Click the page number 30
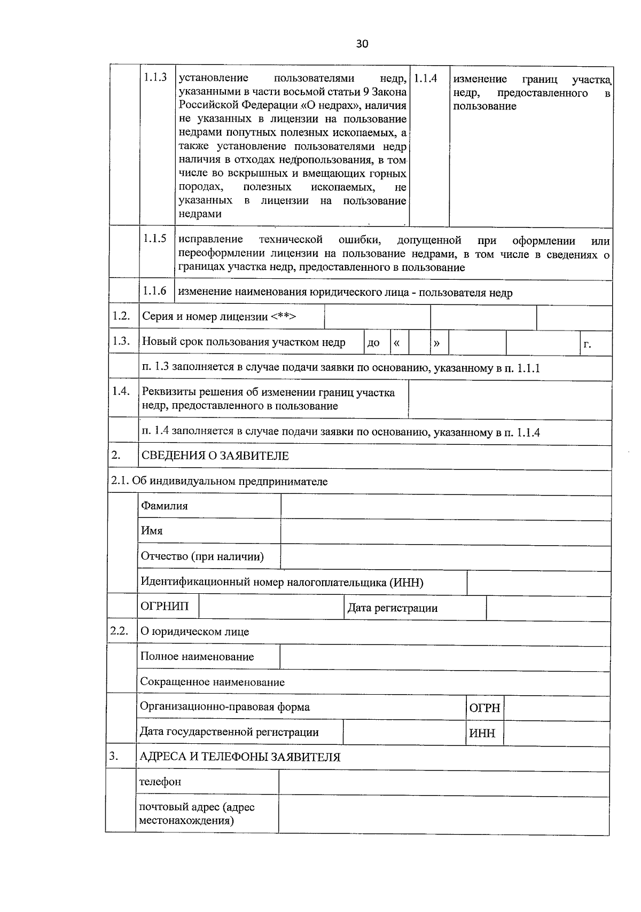362,44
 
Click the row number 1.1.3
155,78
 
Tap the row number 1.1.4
426,78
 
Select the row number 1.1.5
155,239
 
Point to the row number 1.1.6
155,291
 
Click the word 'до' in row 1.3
373,343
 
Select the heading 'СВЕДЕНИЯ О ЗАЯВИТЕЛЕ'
215,456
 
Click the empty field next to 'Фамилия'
445,507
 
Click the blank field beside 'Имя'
445,532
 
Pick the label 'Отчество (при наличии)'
202,557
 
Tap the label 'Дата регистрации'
393,608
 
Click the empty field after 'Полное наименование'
444,657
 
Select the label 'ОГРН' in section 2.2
484,709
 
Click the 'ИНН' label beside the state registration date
482,734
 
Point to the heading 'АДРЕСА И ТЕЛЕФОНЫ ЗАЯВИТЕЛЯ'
240,757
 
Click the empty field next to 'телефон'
443,783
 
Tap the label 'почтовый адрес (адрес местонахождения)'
197,814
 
